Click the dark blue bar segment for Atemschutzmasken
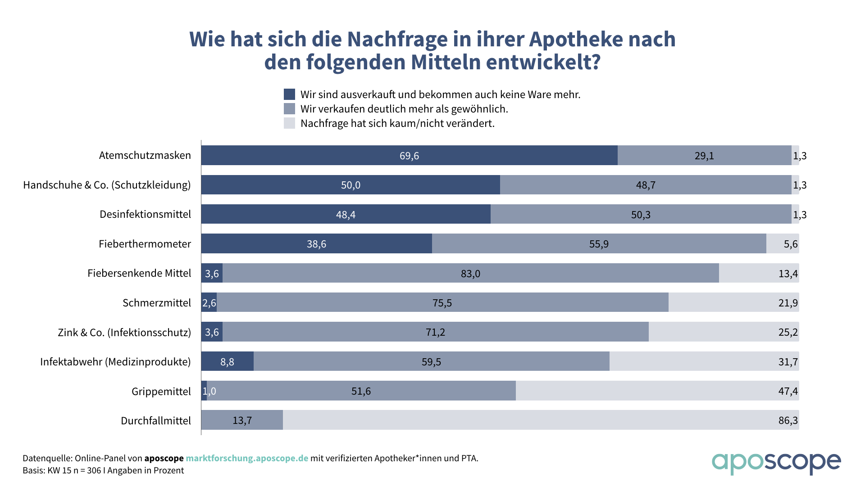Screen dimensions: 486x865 [x=409, y=155]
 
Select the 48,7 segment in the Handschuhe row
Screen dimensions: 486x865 [x=645, y=185]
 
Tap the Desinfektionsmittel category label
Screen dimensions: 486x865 [x=145, y=214]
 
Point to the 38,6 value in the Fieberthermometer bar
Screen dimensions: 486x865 [x=316, y=244]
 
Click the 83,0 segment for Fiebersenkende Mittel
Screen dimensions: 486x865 [x=470, y=273]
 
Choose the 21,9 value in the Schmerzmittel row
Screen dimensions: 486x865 [x=788, y=303]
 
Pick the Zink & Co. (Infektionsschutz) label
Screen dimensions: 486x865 [x=124, y=333]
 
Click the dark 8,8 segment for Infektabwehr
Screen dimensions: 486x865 [x=227, y=362]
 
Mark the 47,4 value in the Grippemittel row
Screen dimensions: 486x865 [x=788, y=391]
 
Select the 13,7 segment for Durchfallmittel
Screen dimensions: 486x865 [x=242, y=420]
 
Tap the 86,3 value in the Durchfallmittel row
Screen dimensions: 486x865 [x=788, y=420]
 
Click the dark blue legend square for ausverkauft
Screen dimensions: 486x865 [x=289, y=94]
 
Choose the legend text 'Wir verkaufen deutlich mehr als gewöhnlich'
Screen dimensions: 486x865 [x=404, y=109]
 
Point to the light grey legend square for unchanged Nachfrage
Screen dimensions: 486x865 [x=289, y=123]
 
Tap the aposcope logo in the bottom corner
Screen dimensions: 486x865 [x=776, y=463]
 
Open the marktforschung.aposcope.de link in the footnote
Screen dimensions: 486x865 [x=247, y=458]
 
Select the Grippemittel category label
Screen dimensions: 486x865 [x=161, y=391]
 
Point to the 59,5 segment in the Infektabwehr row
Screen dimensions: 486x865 [x=431, y=362]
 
